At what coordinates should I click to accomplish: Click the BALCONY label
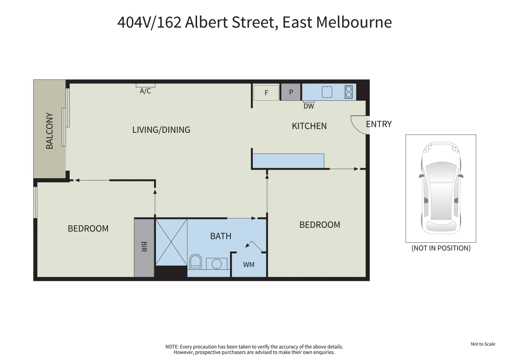pyautogui.click(x=50, y=131)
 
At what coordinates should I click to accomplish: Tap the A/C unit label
pyautogui.click(x=145, y=91)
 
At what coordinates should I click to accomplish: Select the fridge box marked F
pyautogui.click(x=266, y=93)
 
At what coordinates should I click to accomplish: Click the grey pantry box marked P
pyautogui.click(x=291, y=92)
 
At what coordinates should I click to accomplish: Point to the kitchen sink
pyautogui.click(x=327, y=92)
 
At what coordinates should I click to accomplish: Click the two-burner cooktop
pyautogui.click(x=349, y=92)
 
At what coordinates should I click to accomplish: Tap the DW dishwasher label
pyautogui.click(x=309, y=106)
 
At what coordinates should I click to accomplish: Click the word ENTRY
pyautogui.click(x=379, y=124)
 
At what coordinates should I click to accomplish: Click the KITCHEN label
pyautogui.click(x=309, y=126)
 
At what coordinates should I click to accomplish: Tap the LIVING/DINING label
pyautogui.click(x=161, y=130)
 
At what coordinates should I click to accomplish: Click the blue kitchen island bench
pyautogui.click(x=288, y=161)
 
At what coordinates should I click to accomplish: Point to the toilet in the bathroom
pyautogui.click(x=195, y=262)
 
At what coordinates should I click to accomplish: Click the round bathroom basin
pyautogui.click(x=217, y=264)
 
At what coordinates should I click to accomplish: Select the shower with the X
pyautogui.click(x=171, y=242)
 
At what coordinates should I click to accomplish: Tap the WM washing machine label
pyautogui.click(x=249, y=265)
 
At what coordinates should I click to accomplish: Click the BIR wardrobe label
pyautogui.click(x=144, y=247)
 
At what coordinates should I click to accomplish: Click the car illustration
pyautogui.click(x=441, y=188)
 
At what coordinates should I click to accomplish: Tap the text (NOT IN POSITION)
pyautogui.click(x=441, y=248)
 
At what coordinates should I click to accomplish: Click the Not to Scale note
pyautogui.click(x=483, y=344)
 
